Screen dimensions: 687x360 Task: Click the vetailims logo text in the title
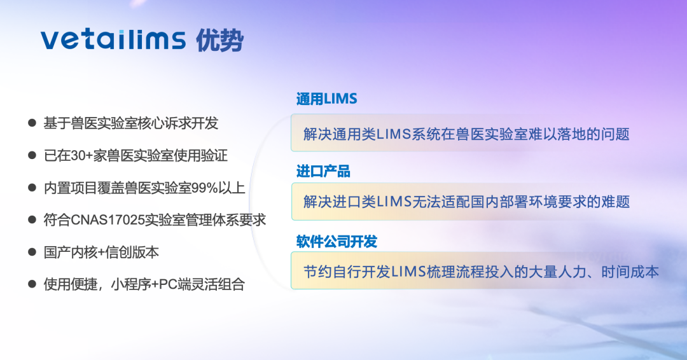(x=113, y=40)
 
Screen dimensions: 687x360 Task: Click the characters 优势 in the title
(x=219, y=41)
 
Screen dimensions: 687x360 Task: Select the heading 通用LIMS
(x=326, y=99)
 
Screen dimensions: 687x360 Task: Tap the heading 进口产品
(x=323, y=171)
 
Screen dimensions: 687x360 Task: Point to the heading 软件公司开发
(x=337, y=241)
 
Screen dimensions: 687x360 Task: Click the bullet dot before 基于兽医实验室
(x=32, y=123)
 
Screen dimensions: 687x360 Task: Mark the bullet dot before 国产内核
(x=32, y=252)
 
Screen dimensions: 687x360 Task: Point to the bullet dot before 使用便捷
(x=32, y=284)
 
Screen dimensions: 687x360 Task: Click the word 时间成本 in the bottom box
(x=630, y=272)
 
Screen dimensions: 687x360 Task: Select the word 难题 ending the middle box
(x=616, y=202)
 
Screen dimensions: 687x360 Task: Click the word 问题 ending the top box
(x=616, y=134)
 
